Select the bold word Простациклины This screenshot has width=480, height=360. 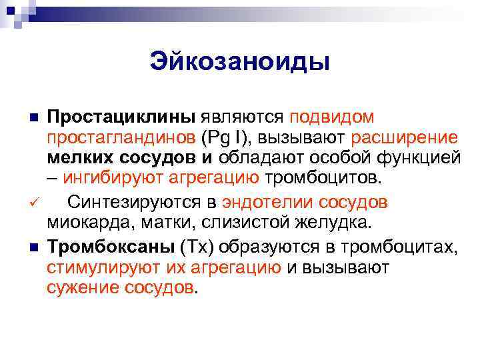121,117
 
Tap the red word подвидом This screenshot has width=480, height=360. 331,117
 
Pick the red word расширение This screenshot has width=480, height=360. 405,138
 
